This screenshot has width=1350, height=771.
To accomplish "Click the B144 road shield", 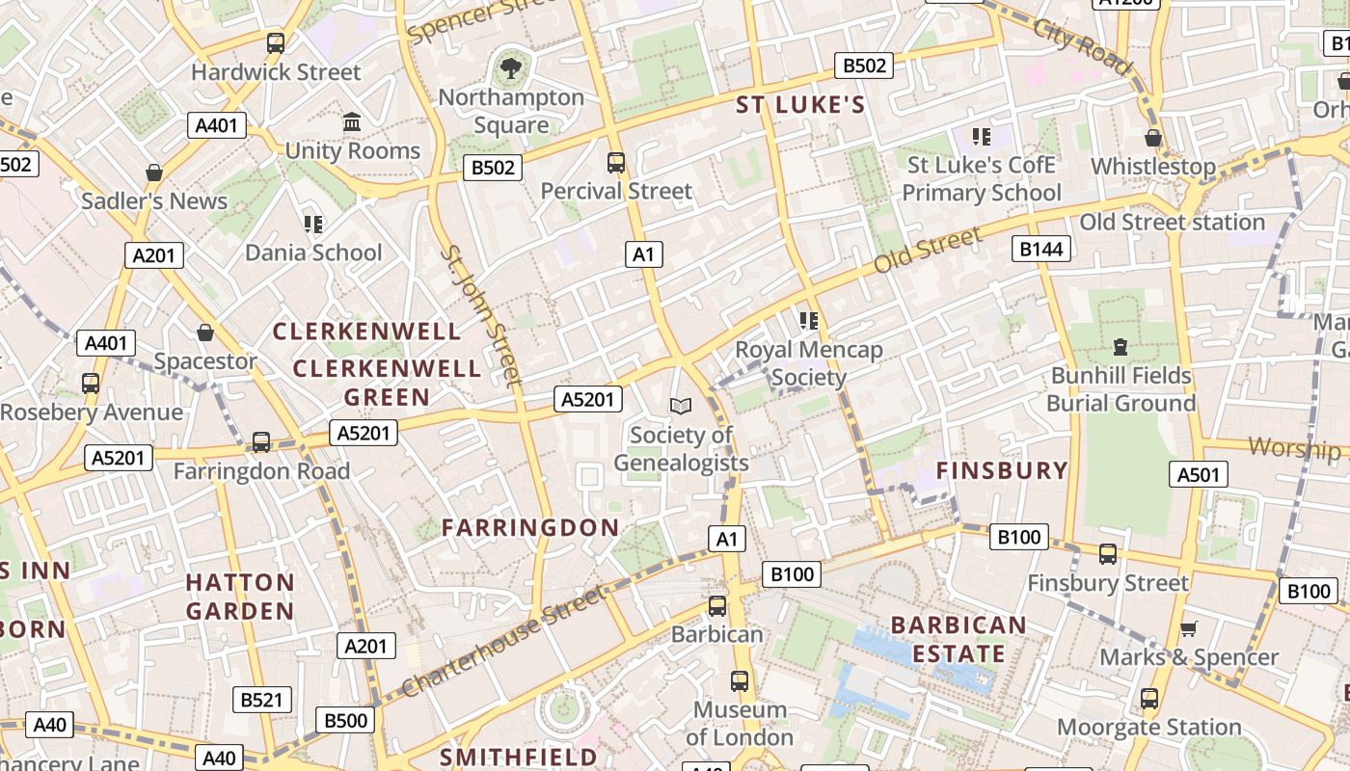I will click(1041, 250).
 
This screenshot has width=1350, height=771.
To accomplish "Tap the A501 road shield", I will click(1199, 473).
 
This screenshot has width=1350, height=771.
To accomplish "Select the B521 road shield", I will click(261, 700).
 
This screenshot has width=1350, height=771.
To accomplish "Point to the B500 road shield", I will click(345, 720).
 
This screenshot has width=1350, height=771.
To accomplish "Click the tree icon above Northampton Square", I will click(511, 68).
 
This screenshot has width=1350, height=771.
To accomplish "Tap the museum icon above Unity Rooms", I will click(352, 122).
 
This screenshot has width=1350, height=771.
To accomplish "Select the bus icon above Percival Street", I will click(616, 163).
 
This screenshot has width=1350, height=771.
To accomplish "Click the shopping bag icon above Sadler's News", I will click(153, 173).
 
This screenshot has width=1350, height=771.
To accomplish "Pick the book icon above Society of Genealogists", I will click(681, 407).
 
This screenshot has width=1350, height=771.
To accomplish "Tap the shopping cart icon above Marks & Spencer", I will click(1189, 629).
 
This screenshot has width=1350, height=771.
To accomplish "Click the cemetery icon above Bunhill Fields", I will click(1120, 346).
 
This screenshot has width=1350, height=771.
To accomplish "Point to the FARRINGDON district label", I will click(530, 527).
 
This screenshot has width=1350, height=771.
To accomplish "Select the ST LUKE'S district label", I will click(801, 105).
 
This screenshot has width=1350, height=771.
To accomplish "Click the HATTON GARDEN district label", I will click(240, 597).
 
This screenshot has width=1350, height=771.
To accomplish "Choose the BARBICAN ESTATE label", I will click(958, 639).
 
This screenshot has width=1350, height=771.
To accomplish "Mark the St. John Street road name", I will click(482, 316).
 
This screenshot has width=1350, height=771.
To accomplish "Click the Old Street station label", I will click(1172, 222).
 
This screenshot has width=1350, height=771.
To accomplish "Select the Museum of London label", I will click(740, 724).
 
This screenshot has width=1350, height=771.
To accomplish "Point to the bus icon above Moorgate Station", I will click(1149, 699).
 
